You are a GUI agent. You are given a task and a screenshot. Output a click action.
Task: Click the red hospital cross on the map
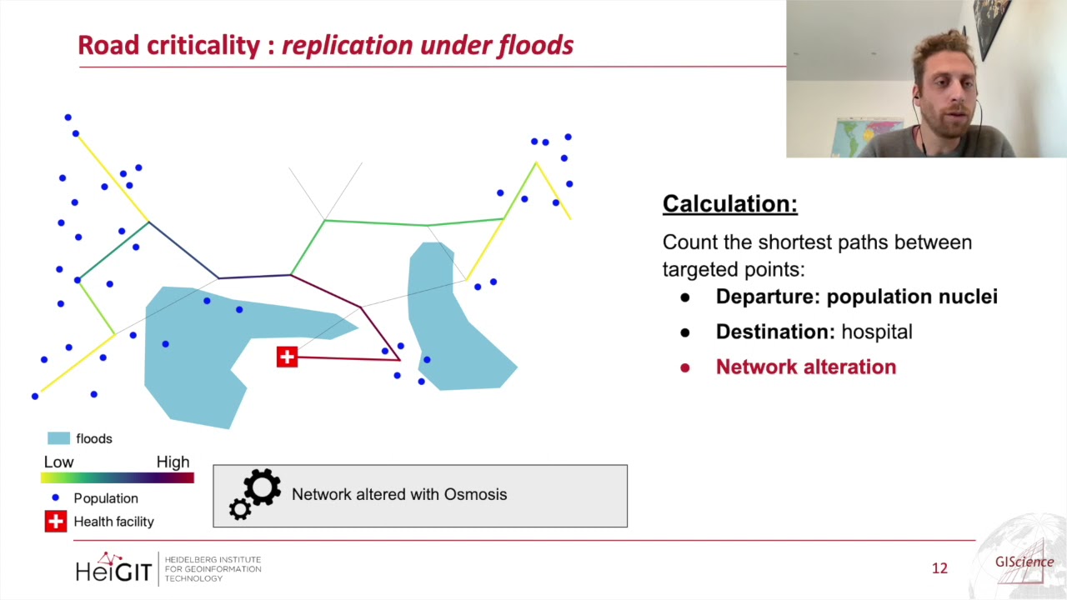point(287,357)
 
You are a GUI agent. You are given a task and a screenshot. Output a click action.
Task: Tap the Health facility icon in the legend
point(55,522)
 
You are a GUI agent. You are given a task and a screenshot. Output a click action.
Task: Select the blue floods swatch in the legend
point(58,438)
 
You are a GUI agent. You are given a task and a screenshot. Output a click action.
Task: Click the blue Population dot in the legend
point(56,497)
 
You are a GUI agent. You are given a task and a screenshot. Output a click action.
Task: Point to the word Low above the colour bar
point(58,462)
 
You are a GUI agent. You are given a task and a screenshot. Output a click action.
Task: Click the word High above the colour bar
point(173,462)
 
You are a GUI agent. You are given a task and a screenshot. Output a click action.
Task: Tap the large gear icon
point(262,487)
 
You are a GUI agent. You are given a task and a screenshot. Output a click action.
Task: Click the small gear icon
point(240,509)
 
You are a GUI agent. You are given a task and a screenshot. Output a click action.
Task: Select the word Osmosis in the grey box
point(475,494)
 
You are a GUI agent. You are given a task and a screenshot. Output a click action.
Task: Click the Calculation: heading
point(729,204)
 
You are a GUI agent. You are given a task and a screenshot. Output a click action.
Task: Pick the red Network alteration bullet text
point(805,367)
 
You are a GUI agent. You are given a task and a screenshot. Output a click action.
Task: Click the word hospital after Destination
point(876,332)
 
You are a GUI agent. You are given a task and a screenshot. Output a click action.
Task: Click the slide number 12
point(939,568)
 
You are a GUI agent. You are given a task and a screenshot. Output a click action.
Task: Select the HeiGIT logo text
point(113,570)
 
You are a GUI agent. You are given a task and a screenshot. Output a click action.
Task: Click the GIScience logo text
point(1024,562)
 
